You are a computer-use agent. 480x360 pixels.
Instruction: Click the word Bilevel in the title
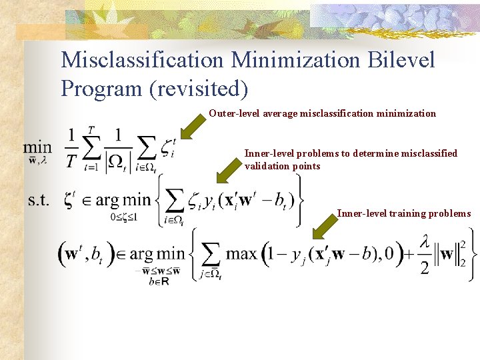pos(401,60)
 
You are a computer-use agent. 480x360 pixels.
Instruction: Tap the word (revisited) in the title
pos(199,87)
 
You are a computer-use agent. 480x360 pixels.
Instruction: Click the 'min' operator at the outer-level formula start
pos(37,147)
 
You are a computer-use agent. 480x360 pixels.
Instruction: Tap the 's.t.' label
pos(38,199)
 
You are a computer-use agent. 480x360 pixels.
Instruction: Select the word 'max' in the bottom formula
pos(241,253)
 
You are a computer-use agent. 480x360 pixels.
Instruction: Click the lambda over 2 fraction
pos(425,254)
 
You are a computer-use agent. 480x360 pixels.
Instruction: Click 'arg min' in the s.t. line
pos(117,199)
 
